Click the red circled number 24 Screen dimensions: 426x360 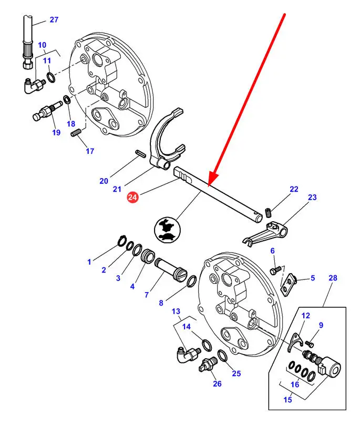click(x=133, y=198)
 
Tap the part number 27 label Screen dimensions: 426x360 click(x=54, y=20)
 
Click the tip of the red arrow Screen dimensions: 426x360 click(x=209, y=186)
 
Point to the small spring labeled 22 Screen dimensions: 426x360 click(x=268, y=212)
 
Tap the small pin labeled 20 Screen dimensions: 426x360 click(x=140, y=153)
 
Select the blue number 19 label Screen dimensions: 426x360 click(x=56, y=132)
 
